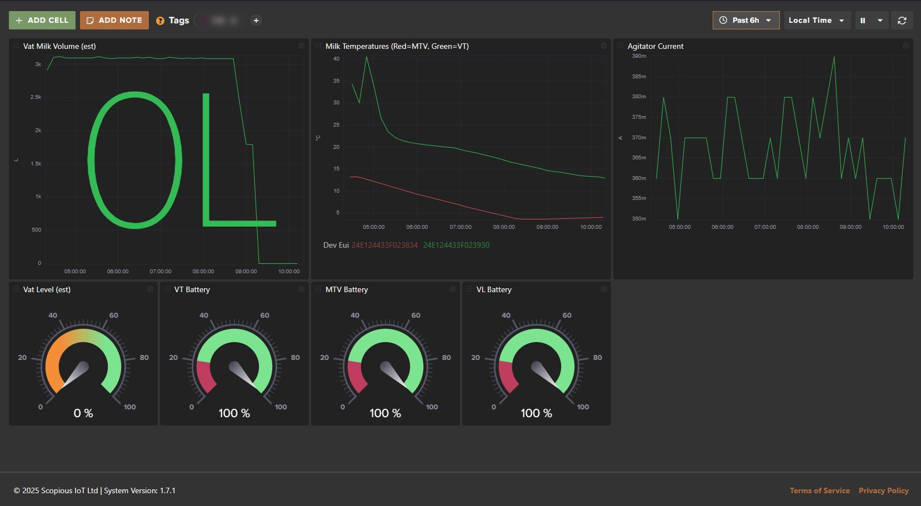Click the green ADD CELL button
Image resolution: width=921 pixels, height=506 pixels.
pos(42,21)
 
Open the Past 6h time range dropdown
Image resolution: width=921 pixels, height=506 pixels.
pos(745,21)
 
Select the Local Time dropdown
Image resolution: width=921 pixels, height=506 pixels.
pos(816,21)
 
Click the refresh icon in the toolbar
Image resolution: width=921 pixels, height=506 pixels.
pos(902,21)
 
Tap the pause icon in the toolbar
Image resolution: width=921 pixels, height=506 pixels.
pos(863,21)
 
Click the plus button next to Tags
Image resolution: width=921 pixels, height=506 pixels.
pos(256,21)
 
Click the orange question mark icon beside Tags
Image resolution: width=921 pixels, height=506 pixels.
pos(160,21)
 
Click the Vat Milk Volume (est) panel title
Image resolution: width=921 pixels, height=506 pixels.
pos(59,46)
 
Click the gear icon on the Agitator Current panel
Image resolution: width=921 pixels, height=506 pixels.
pos(905,46)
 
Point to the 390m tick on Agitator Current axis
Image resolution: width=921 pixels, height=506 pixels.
pos(639,56)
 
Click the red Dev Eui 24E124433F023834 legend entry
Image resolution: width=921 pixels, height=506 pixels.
pos(384,245)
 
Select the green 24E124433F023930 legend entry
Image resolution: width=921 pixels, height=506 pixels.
pos(456,245)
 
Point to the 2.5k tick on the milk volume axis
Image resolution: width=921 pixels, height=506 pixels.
pos(36,97)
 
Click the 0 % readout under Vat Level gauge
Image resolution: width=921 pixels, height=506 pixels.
pos(83,413)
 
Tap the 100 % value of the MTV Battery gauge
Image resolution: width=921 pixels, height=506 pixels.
pos(385,413)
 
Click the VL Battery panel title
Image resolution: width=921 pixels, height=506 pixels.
pos(494,289)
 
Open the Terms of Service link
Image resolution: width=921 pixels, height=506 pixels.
pos(819,490)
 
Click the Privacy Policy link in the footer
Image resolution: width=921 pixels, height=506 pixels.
pos(883,490)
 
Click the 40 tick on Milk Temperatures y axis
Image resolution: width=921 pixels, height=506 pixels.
pos(336,59)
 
